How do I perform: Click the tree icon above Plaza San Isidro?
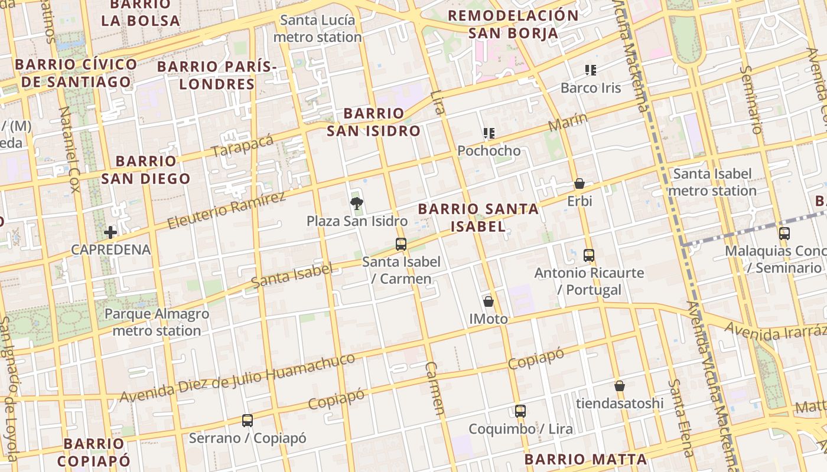point(356,204)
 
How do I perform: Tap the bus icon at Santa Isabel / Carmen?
point(401,244)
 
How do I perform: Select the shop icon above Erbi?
point(579,184)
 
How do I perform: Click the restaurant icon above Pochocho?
point(489,133)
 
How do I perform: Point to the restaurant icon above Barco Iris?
point(590,70)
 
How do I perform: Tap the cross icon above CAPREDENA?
point(110,232)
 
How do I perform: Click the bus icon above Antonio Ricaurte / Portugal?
point(589,255)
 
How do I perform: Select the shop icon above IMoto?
point(489,301)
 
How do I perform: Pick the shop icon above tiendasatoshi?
point(620,386)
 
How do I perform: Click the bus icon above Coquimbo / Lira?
point(520,411)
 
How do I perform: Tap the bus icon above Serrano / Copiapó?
point(248,421)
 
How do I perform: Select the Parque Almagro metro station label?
point(157,322)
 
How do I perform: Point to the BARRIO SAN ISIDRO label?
point(373,122)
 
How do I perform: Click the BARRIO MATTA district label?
point(585,459)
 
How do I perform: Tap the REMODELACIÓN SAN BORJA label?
point(513,24)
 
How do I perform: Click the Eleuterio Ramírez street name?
point(227,211)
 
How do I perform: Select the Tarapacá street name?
point(243,146)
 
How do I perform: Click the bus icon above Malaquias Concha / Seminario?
point(784,233)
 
